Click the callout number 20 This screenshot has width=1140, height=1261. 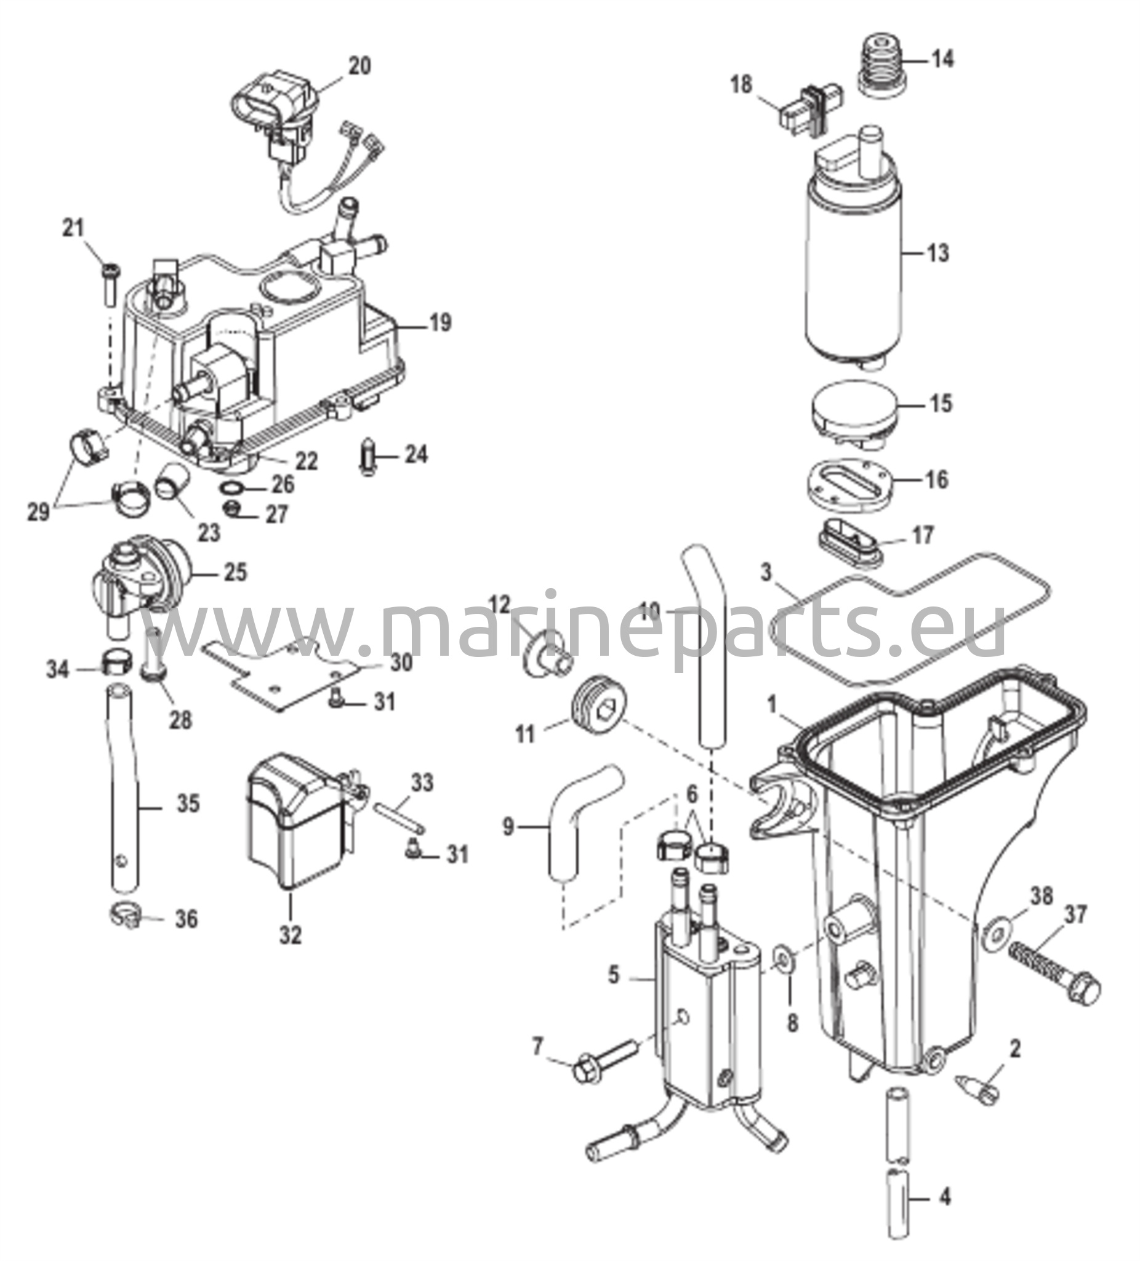pyautogui.click(x=358, y=66)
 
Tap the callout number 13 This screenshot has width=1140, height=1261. pyautogui.click(x=938, y=254)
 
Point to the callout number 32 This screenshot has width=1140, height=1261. pyautogui.click(x=291, y=936)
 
